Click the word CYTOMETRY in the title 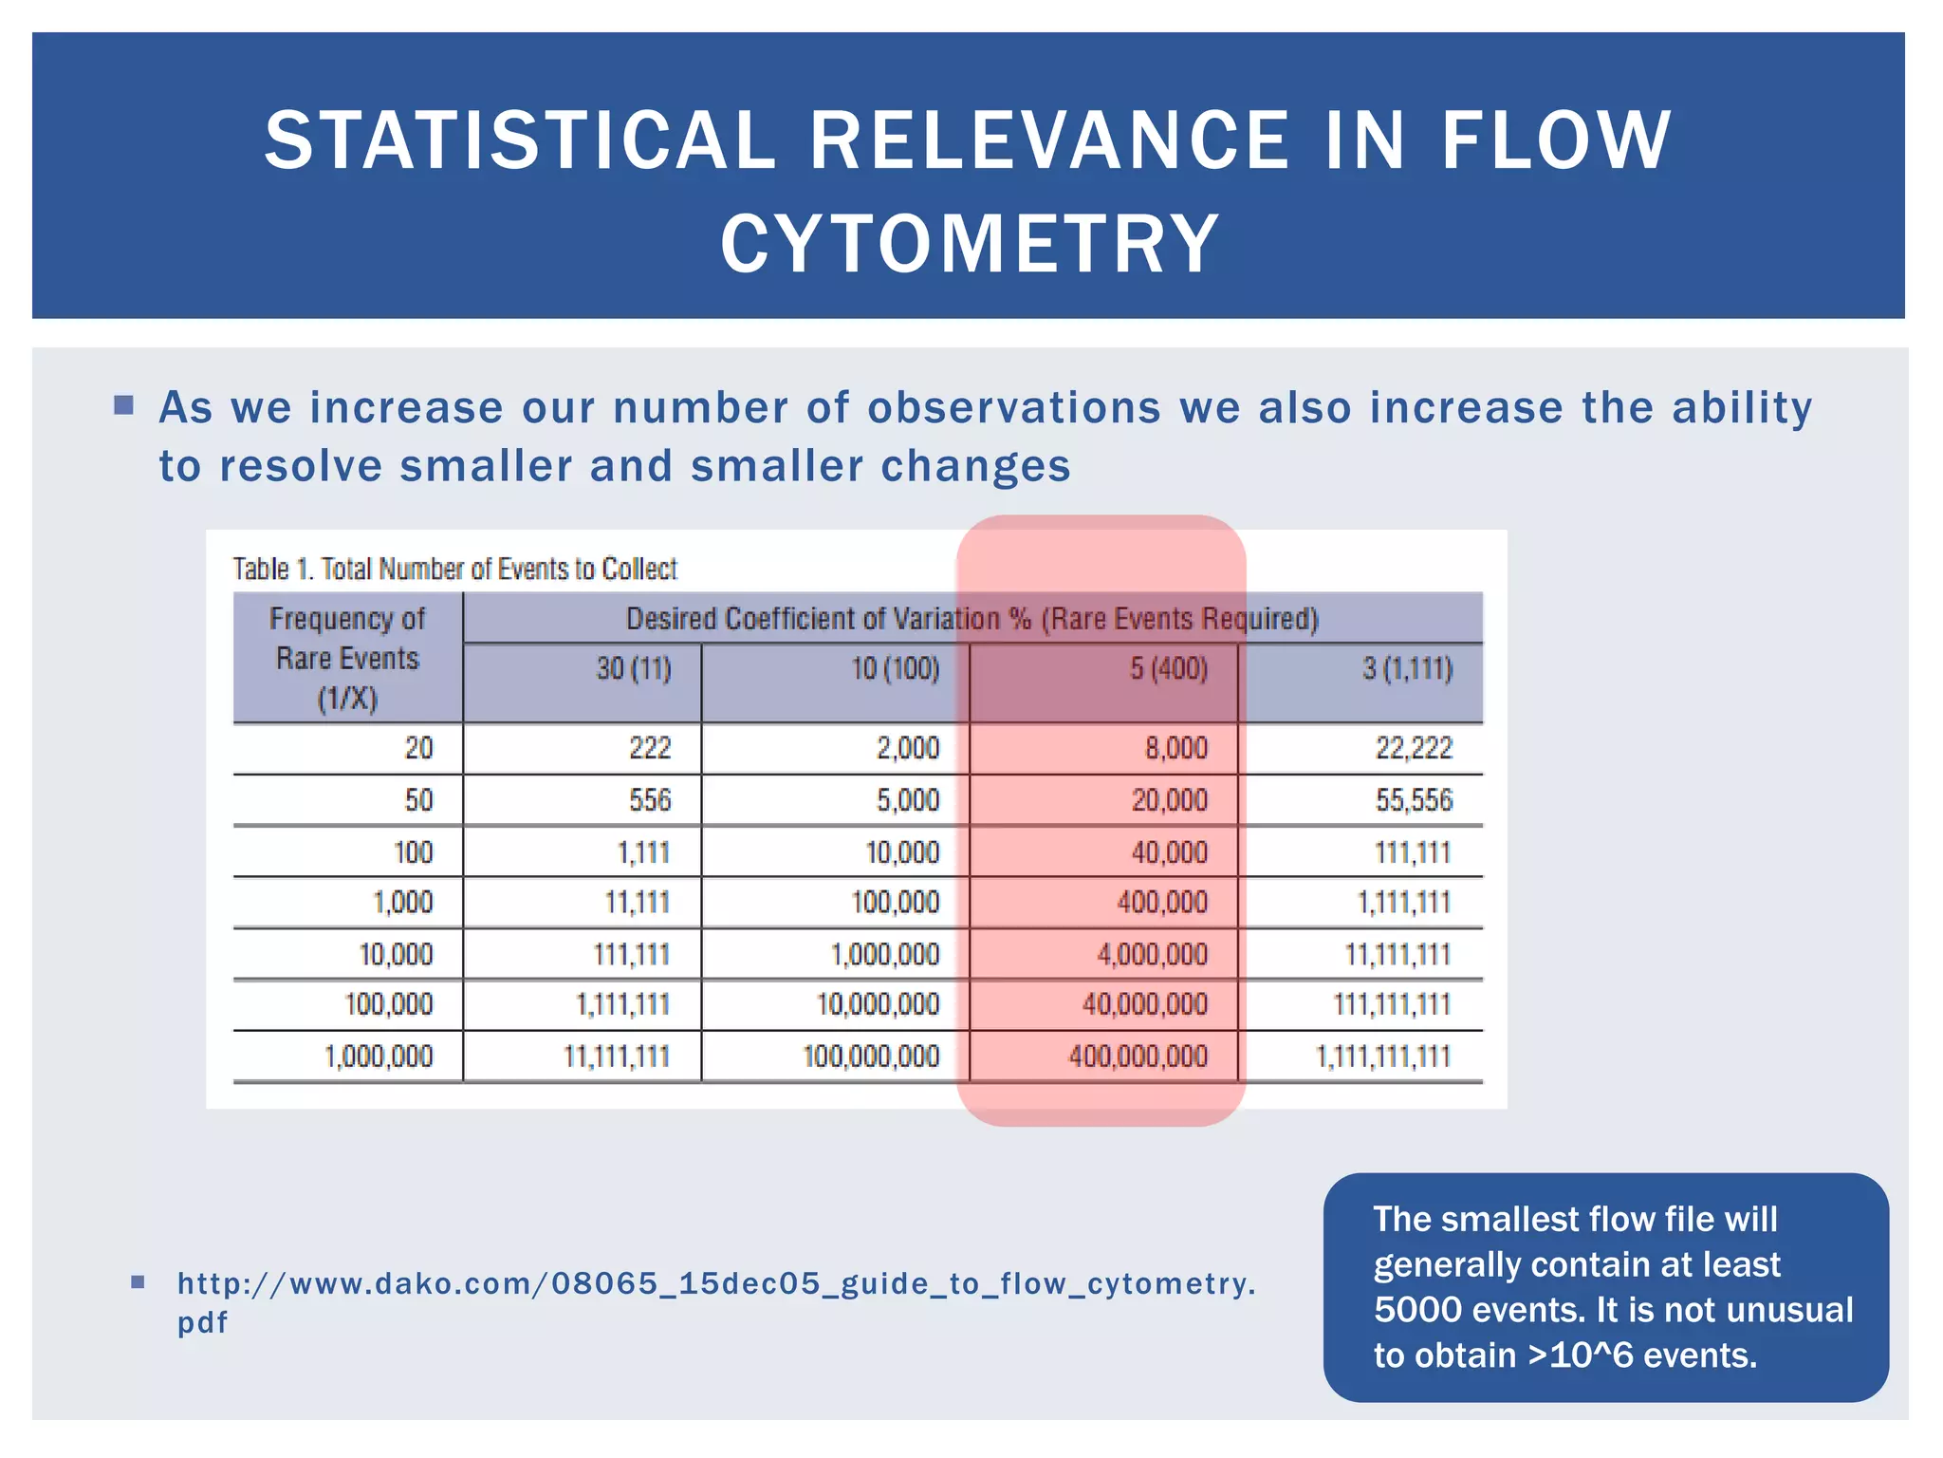(x=970, y=245)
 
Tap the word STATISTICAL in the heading (x=520, y=140)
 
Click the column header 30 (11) (x=633, y=669)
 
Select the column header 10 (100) (x=895, y=669)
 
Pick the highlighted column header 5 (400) (x=1168, y=669)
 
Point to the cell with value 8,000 (x=1175, y=749)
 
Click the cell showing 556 (x=650, y=800)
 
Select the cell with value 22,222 (x=1414, y=749)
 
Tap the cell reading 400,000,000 (x=1138, y=1056)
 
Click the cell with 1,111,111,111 (x=1382, y=1056)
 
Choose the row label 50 (x=418, y=800)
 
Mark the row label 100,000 (x=388, y=1004)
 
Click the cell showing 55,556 (x=1414, y=800)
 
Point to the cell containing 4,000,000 (x=1152, y=954)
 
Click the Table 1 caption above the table (x=454, y=570)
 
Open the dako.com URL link (x=715, y=1284)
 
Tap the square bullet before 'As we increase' (x=123, y=406)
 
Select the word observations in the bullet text (x=1013, y=408)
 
